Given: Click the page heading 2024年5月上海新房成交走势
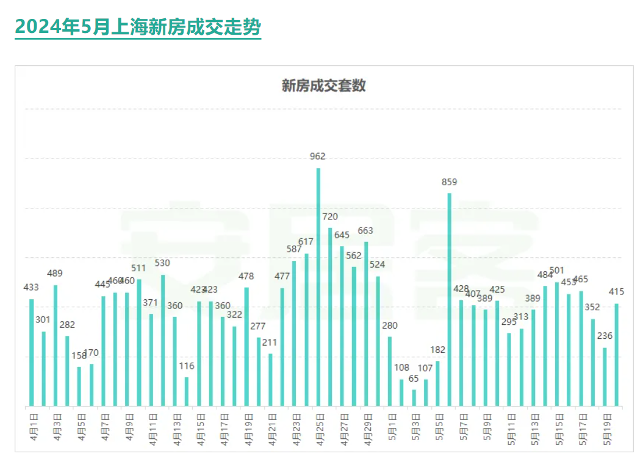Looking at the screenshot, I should click(x=138, y=26).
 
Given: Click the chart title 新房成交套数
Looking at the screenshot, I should click(x=323, y=85).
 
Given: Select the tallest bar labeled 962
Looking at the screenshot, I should click(x=318, y=286).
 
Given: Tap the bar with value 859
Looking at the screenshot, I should click(x=449, y=299).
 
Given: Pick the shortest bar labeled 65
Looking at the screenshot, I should click(x=414, y=397).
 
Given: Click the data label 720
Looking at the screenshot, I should click(x=329, y=216).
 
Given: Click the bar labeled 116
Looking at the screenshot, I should click(x=187, y=391).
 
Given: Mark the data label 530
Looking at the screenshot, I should click(x=162, y=263).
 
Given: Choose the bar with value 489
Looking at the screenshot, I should click(x=56, y=345).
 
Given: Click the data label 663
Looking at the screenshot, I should click(x=365, y=230).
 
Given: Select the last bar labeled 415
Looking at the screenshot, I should click(x=617, y=355).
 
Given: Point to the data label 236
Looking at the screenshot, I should click(x=605, y=336).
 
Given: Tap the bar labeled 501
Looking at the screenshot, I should click(x=557, y=344).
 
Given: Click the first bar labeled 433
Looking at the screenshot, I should click(x=32, y=352).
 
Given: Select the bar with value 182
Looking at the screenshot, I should click(x=437, y=383).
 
